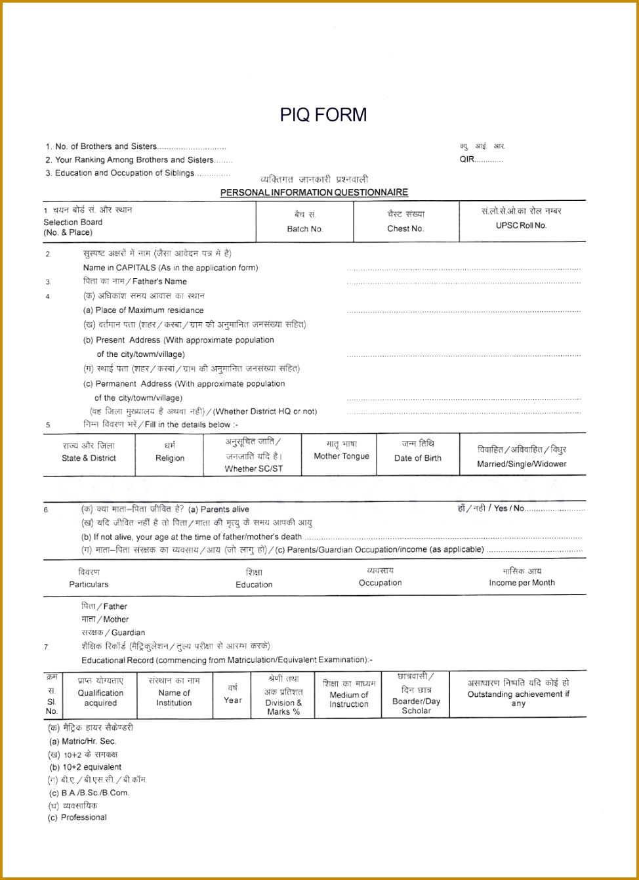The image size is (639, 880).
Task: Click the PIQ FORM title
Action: coord(323,115)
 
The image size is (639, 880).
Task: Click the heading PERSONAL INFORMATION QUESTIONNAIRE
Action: coord(314,192)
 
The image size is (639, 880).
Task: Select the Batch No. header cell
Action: coord(305,229)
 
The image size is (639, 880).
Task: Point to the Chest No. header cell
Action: coord(405,229)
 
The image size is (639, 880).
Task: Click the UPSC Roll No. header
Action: coord(521,225)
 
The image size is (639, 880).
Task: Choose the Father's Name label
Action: coord(134,282)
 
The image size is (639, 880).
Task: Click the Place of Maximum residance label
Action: coord(143,310)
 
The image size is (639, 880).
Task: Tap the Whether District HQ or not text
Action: coord(265,411)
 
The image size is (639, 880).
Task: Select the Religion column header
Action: coord(170,458)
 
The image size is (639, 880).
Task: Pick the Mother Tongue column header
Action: coord(341,456)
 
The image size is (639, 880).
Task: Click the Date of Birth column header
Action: coord(417,458)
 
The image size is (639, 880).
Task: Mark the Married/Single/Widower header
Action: coord(522,464)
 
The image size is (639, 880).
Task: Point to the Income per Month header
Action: coord(522,583)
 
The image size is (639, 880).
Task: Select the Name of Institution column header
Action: coord(174,698)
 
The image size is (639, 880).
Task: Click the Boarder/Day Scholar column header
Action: coord(416,705)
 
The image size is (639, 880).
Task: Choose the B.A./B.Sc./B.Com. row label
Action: coord(89,792)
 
